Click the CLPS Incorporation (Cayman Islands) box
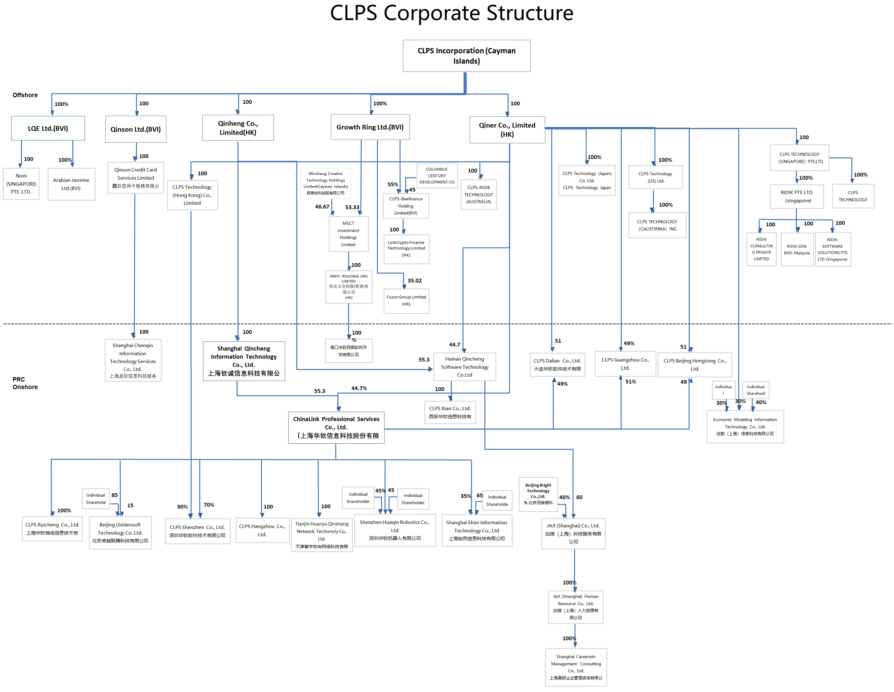pyautogui.click(x=466, y=56)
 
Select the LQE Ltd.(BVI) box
pyautogui.click(x=48, y=128)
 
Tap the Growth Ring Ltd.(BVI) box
pyautogui.click(x=370, y=127)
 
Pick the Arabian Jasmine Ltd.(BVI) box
pyautogui.click(x=71, y=184)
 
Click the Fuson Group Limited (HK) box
pyautogui.click(x=406, y=301)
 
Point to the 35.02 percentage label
pyautogui.click(x=414, y=281)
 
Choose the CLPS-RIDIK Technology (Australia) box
pyautogui.click(x=478, y=195)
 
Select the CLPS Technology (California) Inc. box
pyautogui.click(x=657, y=225)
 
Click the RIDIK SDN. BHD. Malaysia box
pyautogui.click(x=797, y=250)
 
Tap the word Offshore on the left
pyautogui.click(x=25, y=95)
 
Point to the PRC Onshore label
pyautogui.click(x=25, y=383)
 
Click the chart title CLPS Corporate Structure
pyautogui.click(x=452, y=13)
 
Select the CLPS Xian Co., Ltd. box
pyautogui.click(x=450, y=412)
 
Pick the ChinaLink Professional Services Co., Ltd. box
pyautogui.click(x=336, y=427)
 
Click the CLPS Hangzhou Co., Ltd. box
pyautogui.click(x=262, y=530)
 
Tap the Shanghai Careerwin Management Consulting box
pyautogui.click(x=576, y=667)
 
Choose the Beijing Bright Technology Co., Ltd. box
pyautogui.click(x=538, y=494)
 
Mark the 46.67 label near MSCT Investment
pyautogui.click(x=322, y=207)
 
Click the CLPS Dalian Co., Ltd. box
pyautogui.click(x=557, y=365)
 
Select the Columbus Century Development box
pyautogui.click(x=437, y=175)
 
